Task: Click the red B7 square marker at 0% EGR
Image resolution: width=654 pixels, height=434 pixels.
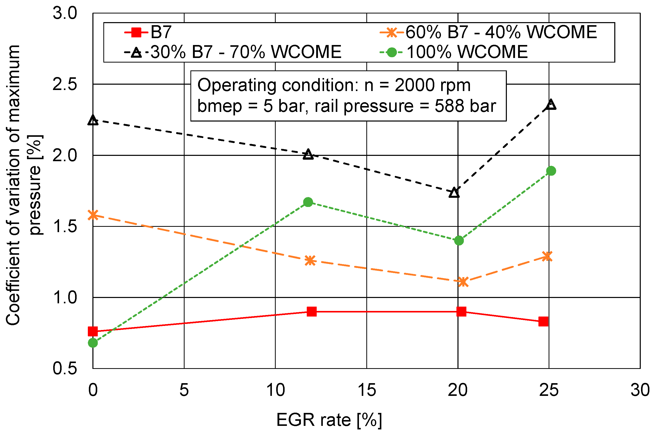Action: [x=93, y=331]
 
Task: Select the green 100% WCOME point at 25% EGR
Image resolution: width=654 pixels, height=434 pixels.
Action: [x=551, y=171]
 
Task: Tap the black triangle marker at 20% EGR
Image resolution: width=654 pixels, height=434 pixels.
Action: [x=454, y=193]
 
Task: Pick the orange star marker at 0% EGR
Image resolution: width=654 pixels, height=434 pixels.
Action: [x=93, y=215]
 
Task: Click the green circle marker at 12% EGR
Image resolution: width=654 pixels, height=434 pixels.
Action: [x=308, y=202]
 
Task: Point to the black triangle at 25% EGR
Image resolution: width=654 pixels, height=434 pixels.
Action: [x=551, y=105]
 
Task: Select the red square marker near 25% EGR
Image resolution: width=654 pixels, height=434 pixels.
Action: [x=544, y=321]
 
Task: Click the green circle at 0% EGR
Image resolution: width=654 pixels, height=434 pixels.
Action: [x=93, y=343]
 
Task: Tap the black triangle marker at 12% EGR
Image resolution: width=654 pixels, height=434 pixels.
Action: [x=308, y=154]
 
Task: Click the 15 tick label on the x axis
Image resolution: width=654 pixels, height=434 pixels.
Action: [x=367, y=390]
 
